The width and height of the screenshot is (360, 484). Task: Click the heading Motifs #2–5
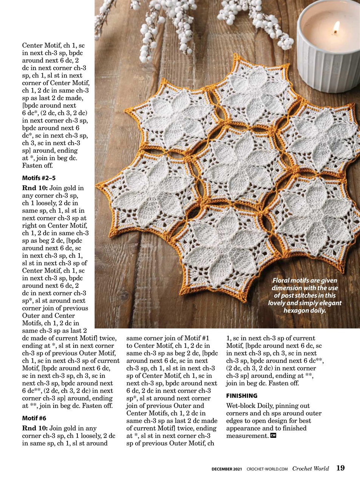click(x=39, y=178)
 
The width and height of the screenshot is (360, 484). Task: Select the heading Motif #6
click(x=34, y=418)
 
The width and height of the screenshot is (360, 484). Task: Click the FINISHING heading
click(x=242, y=396)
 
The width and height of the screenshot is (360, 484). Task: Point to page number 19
click(x=340, y=468)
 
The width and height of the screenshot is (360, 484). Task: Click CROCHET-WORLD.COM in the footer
click(x=267, y=469)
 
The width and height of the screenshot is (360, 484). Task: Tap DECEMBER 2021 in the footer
click(x=227, y=469)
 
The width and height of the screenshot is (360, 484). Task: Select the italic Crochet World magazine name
click(x=311, y=468)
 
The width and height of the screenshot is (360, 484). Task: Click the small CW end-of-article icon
click(x=273, y=436)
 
